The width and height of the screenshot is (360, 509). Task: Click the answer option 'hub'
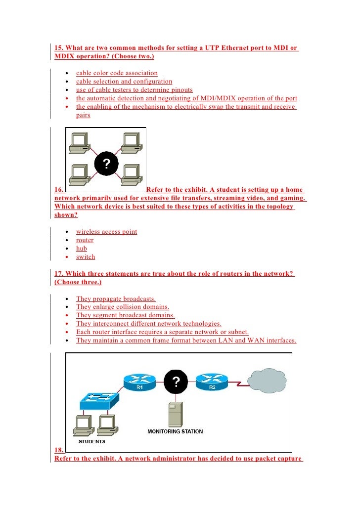81,249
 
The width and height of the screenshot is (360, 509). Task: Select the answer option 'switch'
85,257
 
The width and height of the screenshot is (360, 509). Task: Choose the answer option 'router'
85,240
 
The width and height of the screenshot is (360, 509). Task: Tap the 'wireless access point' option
106,232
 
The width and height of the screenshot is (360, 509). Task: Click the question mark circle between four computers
106,164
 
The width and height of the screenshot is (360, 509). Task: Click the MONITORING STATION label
175,431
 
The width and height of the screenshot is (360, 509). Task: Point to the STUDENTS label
92,441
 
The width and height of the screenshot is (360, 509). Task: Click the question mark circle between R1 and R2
176,382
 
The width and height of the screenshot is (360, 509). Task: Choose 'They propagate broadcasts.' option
116,299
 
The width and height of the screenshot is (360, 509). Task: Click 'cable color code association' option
117,73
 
